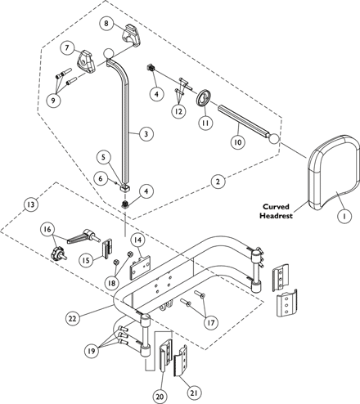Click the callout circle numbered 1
[x=344, y=216]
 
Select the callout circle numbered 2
[x=218, y=182]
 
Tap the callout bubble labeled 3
[x=146, y=134]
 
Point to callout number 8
[x=106, y=24]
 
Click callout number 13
[x=31, y=204]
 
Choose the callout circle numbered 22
[x=72, y=318]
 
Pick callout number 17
[x=211, y=322]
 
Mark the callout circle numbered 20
[x=160, y=397]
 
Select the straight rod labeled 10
[x=244, y=122]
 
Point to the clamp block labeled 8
[x=132, y=34]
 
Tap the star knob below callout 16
[x=58, y=254]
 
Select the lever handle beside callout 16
[x=83, y=236]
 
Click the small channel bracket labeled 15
[x=108, y=248]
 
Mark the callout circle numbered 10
[x=238, y=142]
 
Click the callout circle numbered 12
[x=178, y=111]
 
